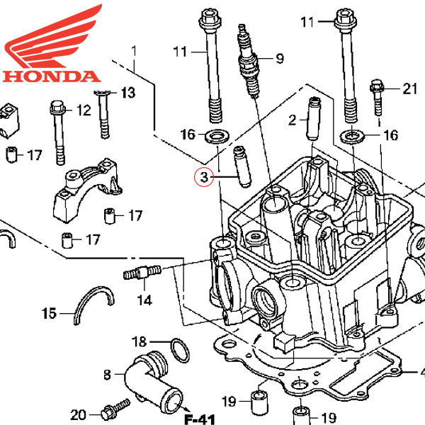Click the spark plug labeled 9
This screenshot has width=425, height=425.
pos(248,64)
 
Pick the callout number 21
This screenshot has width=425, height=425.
pos(411,89)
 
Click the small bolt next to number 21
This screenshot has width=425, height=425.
pos(376,97)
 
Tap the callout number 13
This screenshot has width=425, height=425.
pos(127,93)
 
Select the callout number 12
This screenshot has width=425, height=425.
pos(84,110)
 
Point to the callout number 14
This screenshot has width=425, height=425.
pos(144,300)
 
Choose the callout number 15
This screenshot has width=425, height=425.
pos(49,313)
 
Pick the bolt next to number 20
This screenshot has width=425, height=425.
pos(112,411)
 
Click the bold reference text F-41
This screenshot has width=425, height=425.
pos(200,419)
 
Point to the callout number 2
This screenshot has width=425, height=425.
pos(292,120)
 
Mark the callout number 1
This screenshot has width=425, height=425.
pos(133,52)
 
